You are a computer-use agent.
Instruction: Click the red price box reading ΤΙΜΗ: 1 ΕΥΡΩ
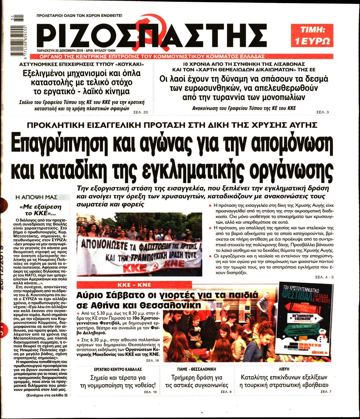(x=312, y=35)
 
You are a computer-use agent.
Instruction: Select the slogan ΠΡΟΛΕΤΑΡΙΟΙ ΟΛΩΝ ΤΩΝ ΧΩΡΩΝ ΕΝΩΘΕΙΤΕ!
(x=79, y=15)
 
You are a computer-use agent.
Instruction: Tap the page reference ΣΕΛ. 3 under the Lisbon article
(x=323, y=112)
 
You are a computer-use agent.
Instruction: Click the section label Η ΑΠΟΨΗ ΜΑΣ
(x=38, y=197)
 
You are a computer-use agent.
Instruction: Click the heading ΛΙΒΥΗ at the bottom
(x=284, y=369)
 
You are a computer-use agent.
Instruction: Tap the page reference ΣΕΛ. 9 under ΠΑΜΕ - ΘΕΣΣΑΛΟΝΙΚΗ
(x=226, y=392)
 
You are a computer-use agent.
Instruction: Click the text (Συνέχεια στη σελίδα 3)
(x=46, y=395)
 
